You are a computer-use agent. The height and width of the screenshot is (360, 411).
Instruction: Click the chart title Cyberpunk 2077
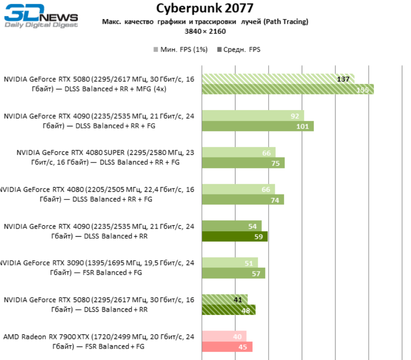click(x=205, y=8)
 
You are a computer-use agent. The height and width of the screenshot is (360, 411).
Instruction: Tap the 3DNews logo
click(x=41, y=18)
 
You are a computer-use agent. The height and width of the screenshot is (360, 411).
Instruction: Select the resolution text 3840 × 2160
click(x=205, y=31)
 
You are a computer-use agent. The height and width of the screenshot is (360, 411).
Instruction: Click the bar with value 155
click(x=288, y=89)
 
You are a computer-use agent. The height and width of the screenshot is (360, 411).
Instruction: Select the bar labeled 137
click(x=278, y=79)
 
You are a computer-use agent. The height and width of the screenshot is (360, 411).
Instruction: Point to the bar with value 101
click(x=258, y=126)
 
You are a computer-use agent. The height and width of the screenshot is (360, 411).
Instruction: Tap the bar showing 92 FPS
click(x=253, y=116)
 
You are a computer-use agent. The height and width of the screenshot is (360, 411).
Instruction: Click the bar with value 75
click(x=243, y=163)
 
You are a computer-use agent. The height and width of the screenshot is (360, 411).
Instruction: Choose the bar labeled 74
click(x=243, y=200)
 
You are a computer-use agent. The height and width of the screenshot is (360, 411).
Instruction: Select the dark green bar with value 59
click(x=235, y=237)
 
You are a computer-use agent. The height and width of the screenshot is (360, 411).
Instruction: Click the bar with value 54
click(x=231, y=226)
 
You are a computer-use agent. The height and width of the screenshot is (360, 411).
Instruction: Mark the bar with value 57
click(x=233, y=273)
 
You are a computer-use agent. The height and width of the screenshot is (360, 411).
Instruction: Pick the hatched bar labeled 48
click(x=228, y=310)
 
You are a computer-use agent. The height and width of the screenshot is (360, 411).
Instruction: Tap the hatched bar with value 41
click(x=225, y=300)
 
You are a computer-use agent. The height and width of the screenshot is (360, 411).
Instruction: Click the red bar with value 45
click(x=227, y=347)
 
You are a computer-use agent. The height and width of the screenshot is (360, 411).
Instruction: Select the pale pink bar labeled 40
click(x=224, y=336)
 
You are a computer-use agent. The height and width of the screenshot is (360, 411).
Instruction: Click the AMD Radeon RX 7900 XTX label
click(x=99, y=341)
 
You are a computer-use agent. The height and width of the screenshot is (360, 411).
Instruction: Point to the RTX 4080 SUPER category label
click(x=105, y=157)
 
